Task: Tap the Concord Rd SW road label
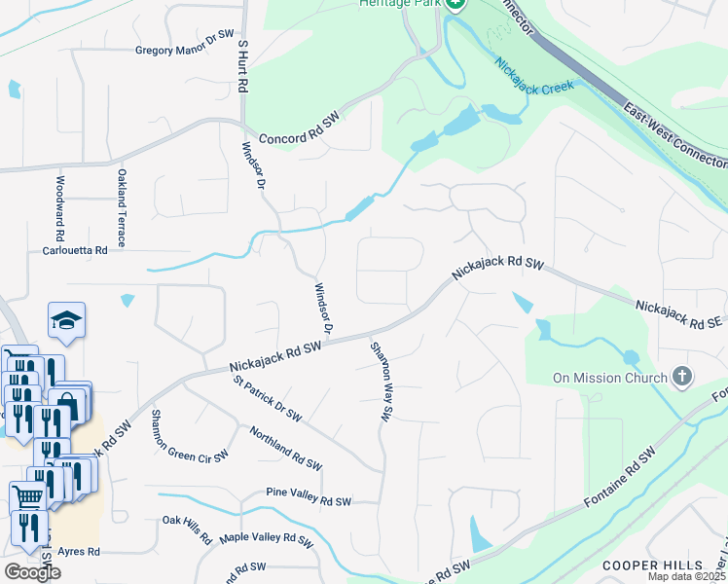pyautogui.click(x=297, y=129)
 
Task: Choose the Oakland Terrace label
pyautogui.click(x=123, y=206)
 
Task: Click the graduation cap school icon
pyautogui.click(x=66, y=320)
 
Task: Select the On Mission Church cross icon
pyautogui.click(x=682, y=377)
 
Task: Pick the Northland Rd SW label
pyautogui.click(x=285, y=447)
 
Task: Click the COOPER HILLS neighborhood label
pyautogui.click(x=651, y=565)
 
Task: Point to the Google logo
pyautogui.click(x=31, y=571)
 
